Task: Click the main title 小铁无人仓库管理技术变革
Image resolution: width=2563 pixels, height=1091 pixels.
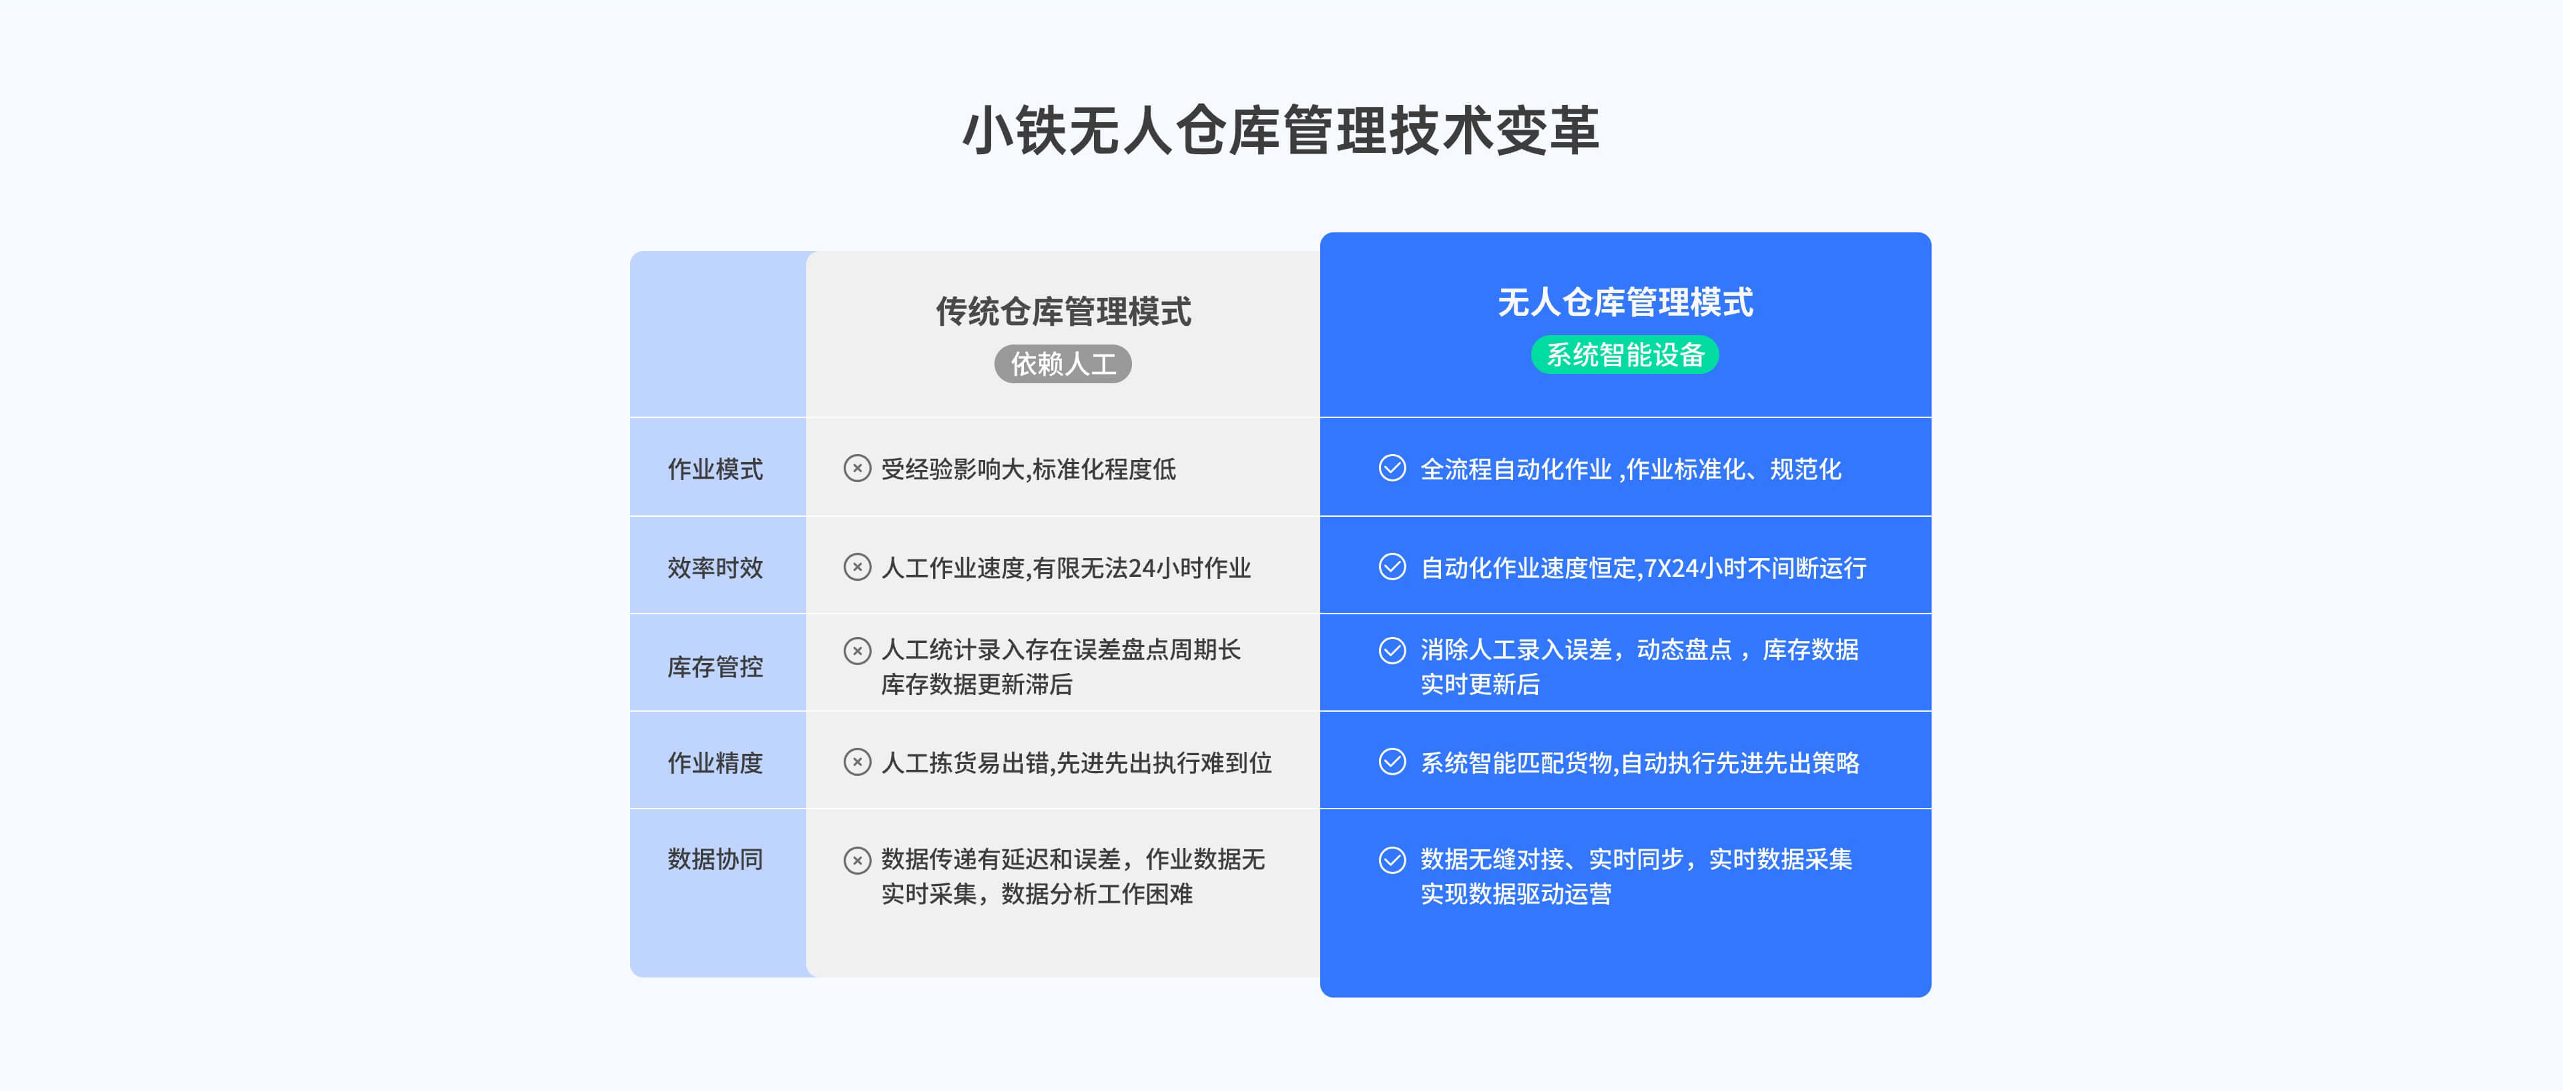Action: click(1281, 130)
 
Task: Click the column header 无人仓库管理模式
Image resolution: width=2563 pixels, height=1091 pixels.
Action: click(1625, 302)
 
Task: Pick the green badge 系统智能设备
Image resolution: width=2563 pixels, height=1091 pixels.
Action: click(1625, 355)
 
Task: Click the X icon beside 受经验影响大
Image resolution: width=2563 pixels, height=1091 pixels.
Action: click(856, 468)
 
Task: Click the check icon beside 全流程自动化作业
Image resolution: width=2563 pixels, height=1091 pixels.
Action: click(1392, 468)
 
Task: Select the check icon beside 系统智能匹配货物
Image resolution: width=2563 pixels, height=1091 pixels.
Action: click(1392, 762)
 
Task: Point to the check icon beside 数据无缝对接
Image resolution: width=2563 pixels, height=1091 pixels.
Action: click(1392, 859)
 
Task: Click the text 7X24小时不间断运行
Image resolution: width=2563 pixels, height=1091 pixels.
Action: click(1755, 568)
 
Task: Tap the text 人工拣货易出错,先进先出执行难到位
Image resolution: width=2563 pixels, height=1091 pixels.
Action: click(1077, 762)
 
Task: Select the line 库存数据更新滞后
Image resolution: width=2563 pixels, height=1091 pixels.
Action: click(977, 684)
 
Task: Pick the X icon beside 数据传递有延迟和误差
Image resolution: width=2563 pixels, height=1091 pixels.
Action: click(856, 859)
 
